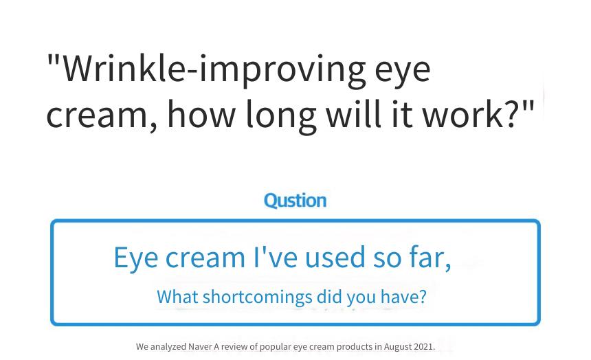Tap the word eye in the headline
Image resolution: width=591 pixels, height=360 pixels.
[403, 74]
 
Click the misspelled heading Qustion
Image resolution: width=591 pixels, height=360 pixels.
[295, 200]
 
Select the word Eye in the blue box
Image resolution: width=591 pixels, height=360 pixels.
[136, 258]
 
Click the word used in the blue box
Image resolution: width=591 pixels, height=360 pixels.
[335, 257]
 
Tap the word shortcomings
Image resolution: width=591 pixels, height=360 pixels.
[258, 297]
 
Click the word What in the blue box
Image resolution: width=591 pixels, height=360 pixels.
[177, 297]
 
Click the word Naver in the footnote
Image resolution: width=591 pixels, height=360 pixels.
[200, 346]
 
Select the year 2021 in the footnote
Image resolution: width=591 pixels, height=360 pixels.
[423, 346]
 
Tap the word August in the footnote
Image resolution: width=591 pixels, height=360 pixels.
[398, 347]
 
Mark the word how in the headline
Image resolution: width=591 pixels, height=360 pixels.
[201, 113]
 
